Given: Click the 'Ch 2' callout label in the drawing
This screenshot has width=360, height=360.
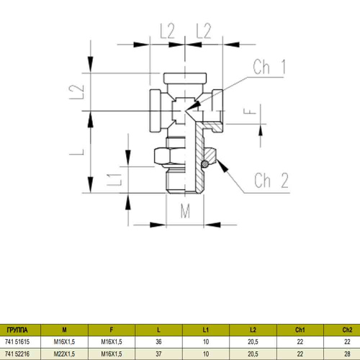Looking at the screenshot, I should click(272, 180).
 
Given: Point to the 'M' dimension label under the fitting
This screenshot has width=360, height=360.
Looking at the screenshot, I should click(184, 212).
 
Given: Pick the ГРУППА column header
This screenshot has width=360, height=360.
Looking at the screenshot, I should click(18, 330).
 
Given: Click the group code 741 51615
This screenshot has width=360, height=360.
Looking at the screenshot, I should click(18, 343).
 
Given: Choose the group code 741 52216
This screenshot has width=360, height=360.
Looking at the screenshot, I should click(18, 354).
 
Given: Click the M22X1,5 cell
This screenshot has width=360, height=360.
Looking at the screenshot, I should click(65, 354).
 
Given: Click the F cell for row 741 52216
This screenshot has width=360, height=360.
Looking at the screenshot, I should click(111, 354).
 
